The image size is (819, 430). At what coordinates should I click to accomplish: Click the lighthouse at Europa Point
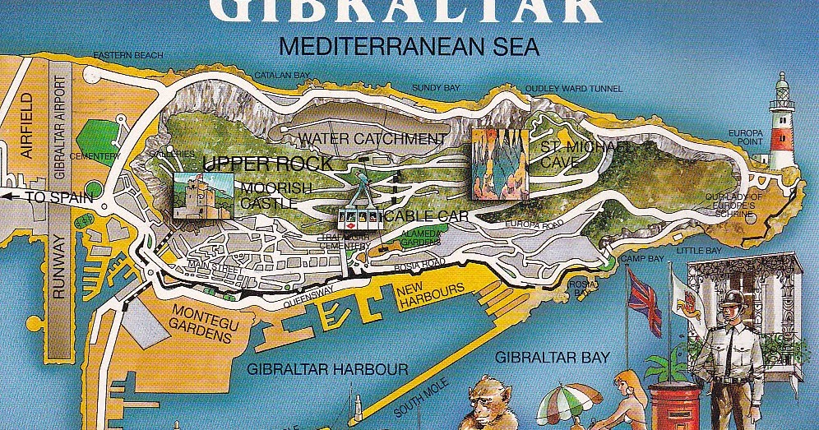tap(780, 123)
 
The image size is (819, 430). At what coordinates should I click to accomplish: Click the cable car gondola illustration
tap(359, 215)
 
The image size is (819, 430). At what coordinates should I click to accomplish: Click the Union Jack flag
tap(644, 301)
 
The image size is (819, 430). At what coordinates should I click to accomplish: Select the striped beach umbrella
tap(568, 403)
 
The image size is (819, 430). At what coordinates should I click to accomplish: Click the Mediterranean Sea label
tap(409, 47)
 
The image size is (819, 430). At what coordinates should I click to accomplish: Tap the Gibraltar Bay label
tap(552, 357)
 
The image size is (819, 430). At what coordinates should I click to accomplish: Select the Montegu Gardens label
tap(205, 318)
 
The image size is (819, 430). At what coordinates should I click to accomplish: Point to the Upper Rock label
tap(268, 163)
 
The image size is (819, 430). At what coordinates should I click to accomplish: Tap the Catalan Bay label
tap(282, 75)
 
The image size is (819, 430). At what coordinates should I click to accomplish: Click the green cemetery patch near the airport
tap(100, 136)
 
